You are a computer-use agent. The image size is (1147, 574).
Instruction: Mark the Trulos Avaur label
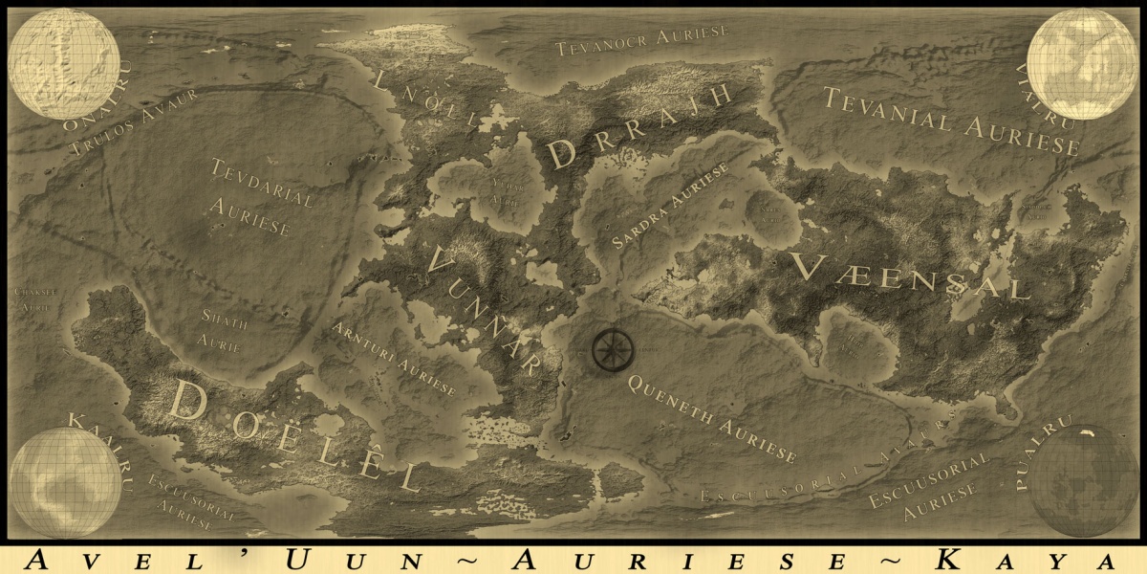(x=134, y=121)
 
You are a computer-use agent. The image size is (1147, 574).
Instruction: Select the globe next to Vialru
(x=1083, y=64)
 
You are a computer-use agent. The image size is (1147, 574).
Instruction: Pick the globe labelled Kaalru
(x=64, y=481)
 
